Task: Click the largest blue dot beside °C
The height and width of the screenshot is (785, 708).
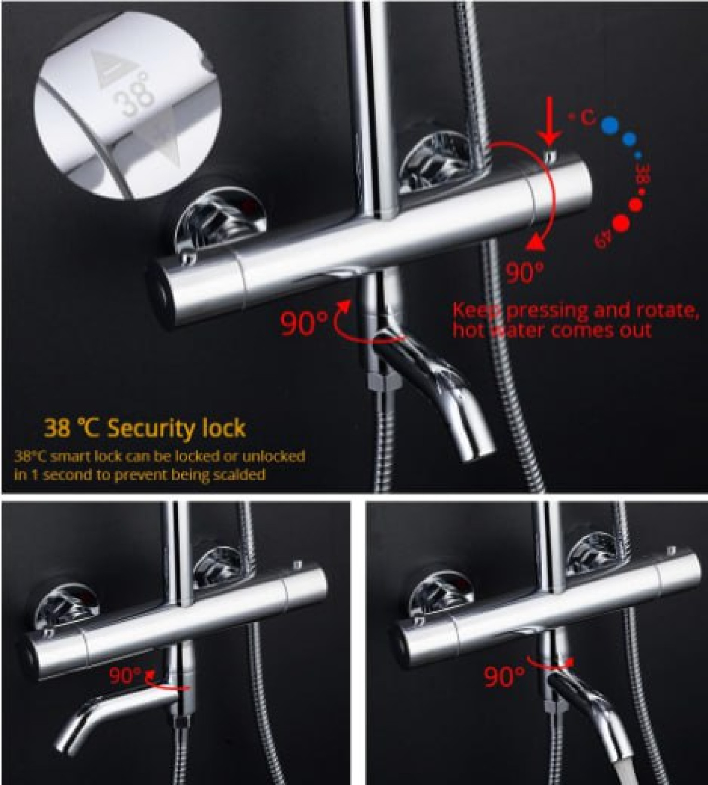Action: [x=609, y=126]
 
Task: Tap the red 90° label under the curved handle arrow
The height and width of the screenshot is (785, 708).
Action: [x=524, y=272]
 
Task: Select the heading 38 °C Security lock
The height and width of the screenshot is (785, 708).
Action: [x=145, y=428]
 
